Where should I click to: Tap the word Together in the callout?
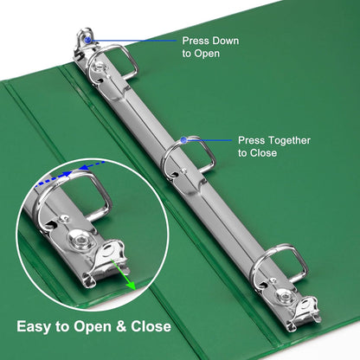pyautogui.click(x=288, y=140)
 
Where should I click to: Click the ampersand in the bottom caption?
pyautogui.click(x=121, y=326)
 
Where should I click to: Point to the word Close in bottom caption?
pyautogui.click(x=151, y=326)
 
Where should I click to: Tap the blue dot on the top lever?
pyautogui.click(x=87, y=40)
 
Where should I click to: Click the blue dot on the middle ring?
pyautogui.click(x=183, y=140)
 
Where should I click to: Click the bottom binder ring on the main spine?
pyautogui.click(x=259, y=260)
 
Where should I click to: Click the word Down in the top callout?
pyautogui.click(x=225, y=41)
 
